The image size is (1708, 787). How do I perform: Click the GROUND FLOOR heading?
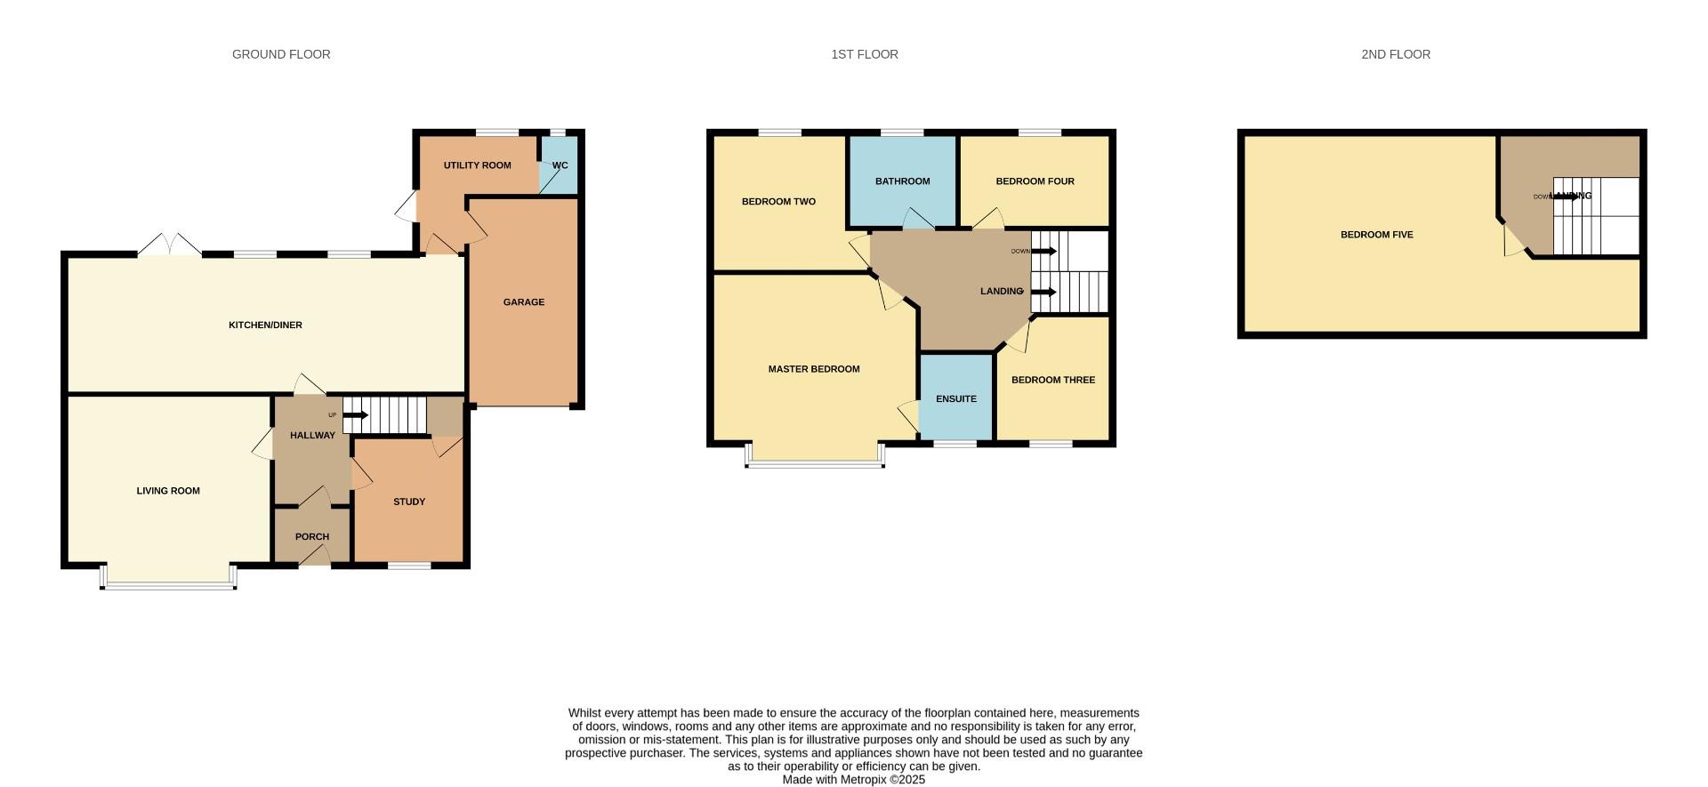coord(281,54)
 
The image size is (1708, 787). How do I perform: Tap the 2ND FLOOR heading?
coord(1395,54)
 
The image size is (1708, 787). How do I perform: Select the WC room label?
coord(560,165)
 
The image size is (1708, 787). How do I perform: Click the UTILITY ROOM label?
coord(477,165)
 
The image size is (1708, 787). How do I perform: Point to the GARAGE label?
coord(523,302)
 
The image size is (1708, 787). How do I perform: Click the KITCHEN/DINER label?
coord(265,325)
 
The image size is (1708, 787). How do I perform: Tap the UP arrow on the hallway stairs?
coord(355,415)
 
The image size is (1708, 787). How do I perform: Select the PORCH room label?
coord(311,537)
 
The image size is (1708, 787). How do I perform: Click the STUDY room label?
coord(409,502)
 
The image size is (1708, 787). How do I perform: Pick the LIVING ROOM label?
coord(167,491)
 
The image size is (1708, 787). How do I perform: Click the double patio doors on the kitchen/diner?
coord(170,245)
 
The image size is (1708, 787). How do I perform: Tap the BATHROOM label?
coord(902,181)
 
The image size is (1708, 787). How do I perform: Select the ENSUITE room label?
coord(955,399)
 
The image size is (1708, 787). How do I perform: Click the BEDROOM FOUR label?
coord(1035,181)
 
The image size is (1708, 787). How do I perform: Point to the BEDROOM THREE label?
coord(1052,381)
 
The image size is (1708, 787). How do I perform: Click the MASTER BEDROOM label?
coord(813,369)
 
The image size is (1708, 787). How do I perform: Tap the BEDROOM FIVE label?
coord(1376,235)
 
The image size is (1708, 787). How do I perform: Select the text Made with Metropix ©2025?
coord(853,780)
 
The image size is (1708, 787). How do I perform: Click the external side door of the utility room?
coord(406,206)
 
